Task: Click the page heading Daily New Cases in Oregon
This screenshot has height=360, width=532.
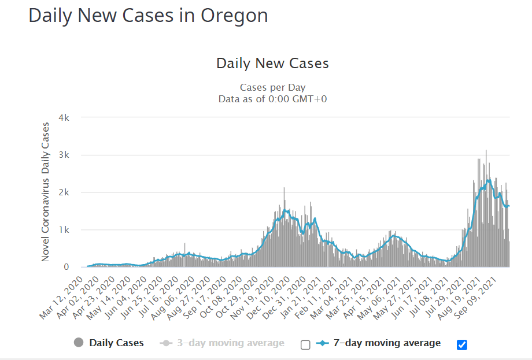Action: tap(148, 16)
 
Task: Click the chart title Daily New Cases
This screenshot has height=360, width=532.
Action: tap(272, 63)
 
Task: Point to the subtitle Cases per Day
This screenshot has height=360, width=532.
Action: tap(272, 87)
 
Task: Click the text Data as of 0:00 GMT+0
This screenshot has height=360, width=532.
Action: tap(272, 99)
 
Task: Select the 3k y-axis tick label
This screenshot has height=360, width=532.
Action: tap(64, 155)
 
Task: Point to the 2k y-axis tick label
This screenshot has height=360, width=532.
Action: tap(64, 192)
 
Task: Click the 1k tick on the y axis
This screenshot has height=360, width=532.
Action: tap(64, 230)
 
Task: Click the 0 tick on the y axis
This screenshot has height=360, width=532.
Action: tap(66, 267)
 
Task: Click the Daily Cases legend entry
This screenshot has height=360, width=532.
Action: tap(116, 343)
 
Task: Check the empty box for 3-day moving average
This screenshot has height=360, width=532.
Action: tap(305, 345)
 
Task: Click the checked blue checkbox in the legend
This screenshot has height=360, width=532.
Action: tap(461, 345)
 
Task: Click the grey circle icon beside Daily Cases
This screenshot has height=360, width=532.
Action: tap(79, 343)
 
